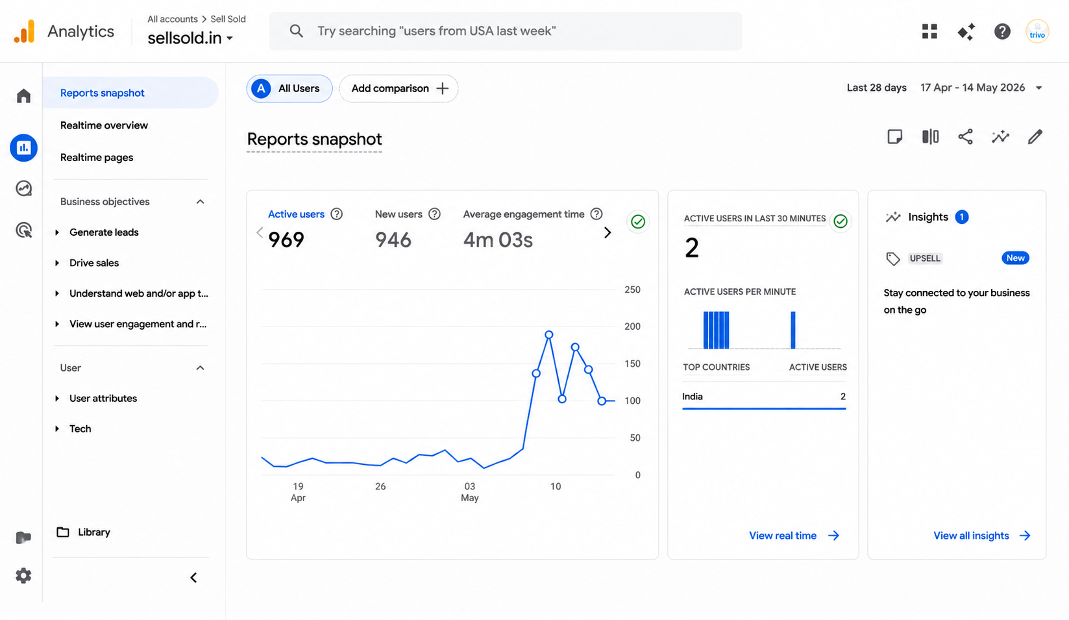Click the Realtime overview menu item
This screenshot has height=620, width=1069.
point(104,125)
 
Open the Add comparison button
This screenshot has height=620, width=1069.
point(399,88)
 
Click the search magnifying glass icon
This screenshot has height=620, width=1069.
point(297,31)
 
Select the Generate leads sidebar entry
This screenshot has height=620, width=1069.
point(104,232)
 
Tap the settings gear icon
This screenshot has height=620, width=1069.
point(23,576)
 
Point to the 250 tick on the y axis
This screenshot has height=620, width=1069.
point(632,290)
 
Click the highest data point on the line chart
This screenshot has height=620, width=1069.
point(549,334)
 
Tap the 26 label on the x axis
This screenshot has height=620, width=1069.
point(380,486)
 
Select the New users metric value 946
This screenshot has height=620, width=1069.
point(393,240)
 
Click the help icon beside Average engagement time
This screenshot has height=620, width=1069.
point(596,214)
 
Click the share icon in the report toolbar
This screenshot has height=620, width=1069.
point(965,137)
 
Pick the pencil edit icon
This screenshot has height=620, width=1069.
point(1035,137)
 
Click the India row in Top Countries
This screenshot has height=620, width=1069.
point(764,397)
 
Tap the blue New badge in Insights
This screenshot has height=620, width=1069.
point(1015,258)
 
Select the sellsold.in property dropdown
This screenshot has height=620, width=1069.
point(190,38)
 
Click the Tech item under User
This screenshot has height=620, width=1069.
point(80,428)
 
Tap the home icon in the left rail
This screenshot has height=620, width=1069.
point(23,96)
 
